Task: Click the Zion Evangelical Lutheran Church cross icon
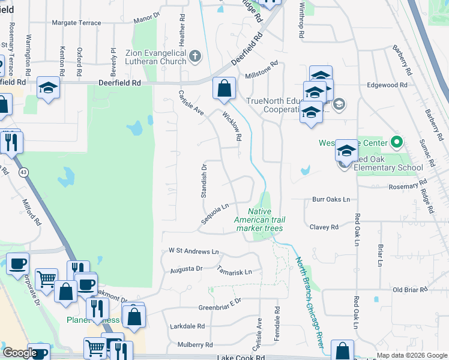click(x=194, y=57)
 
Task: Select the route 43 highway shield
click(x=23, y=172)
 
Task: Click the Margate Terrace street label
click(x=76, y=23)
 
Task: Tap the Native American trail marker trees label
click(x=259, y=220)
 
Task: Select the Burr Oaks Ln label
click(x=330, y=199)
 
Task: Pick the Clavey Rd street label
click(x=324, y=227)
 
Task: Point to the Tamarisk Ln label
click(x=235, y=271)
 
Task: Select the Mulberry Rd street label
click(x=195, y=345)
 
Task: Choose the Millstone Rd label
click(x=262, y=70)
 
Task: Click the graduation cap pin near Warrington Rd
click(x=48, y=88)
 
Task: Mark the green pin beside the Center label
click(x=396, y=143)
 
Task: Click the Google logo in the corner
click(x=19, y=353)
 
